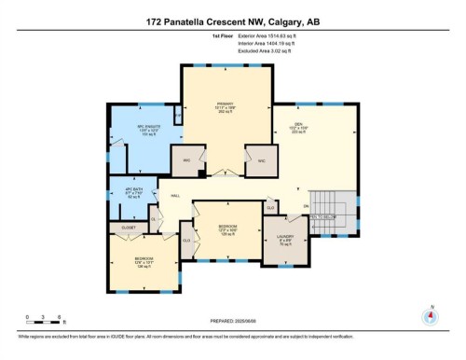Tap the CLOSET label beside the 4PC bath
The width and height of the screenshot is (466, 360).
tap(128, 227)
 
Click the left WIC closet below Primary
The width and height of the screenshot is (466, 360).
tap(187, 160)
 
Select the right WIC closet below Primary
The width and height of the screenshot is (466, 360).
tap(261, 160)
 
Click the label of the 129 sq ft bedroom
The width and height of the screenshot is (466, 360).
tap(227, 228)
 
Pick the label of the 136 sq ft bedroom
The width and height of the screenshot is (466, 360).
tap(143, 261)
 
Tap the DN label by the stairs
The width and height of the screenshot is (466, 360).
tap(305, 206)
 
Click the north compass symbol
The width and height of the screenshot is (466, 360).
tap(430, 315)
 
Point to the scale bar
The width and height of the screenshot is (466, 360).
tap(44, 322)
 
